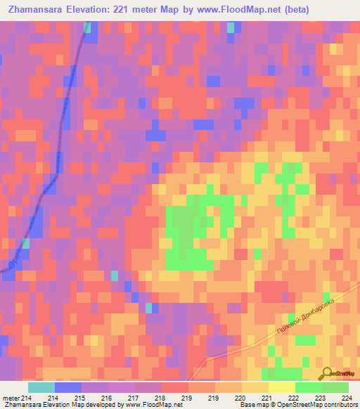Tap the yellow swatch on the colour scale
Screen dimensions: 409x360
click(x=281, y=387)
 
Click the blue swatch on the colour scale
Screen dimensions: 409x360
click(x=67, y=387)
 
